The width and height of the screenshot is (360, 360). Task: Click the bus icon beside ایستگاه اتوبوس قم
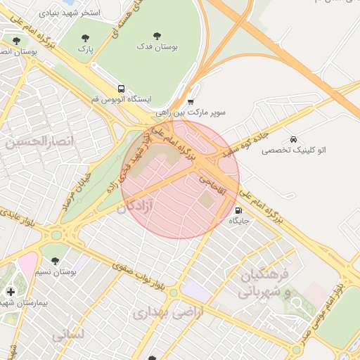pyautogui.click(x=122, y=89)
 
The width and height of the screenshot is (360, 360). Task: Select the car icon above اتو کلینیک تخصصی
pyautogui.click(x=292, y=139)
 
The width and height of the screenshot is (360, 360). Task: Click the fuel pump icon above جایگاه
pyautogui.click(x=238, y=210)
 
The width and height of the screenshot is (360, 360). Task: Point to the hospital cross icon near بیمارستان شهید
pyautogui.click(x=10, y=291)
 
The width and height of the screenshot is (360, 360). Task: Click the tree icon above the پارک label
pyautogui.click(x=85, y=38)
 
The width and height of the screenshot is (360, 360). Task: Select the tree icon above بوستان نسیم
pyautogui.click(x=55, y=261)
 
